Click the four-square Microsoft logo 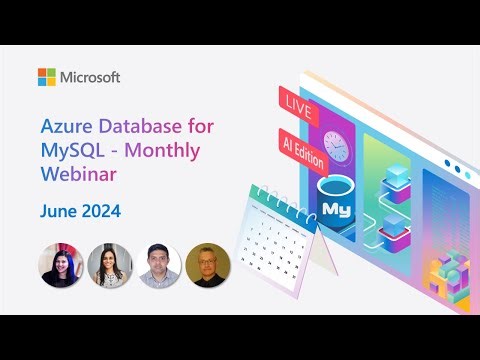point(47,77)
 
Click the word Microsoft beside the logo point(91,77)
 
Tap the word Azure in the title point(63,128)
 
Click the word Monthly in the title point(168,152)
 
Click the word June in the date point(58,211)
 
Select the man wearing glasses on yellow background point(208,265)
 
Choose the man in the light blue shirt point(158,265)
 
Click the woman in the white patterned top point(108,265)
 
